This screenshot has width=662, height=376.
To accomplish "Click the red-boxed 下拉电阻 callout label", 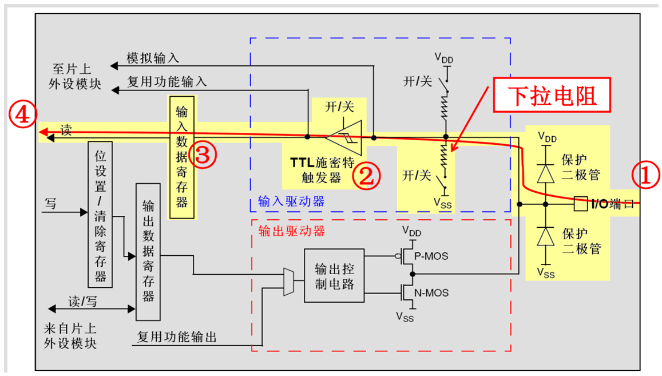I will pos(552,96).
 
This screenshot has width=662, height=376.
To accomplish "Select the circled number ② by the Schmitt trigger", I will pos(366,177).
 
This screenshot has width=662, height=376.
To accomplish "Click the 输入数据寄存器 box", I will pos(181,157).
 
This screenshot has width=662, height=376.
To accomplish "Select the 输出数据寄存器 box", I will pos(148,252).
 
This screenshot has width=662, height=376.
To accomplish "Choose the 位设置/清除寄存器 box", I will pos(101,214).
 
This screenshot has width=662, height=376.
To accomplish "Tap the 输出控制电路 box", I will pos(334,276).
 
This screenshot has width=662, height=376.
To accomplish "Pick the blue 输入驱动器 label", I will pos(291,201).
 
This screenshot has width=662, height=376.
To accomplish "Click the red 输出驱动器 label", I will pos(291,231).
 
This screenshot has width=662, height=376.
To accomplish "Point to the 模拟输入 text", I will pos(153,58).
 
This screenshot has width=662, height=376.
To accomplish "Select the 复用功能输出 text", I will pos(177,337).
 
